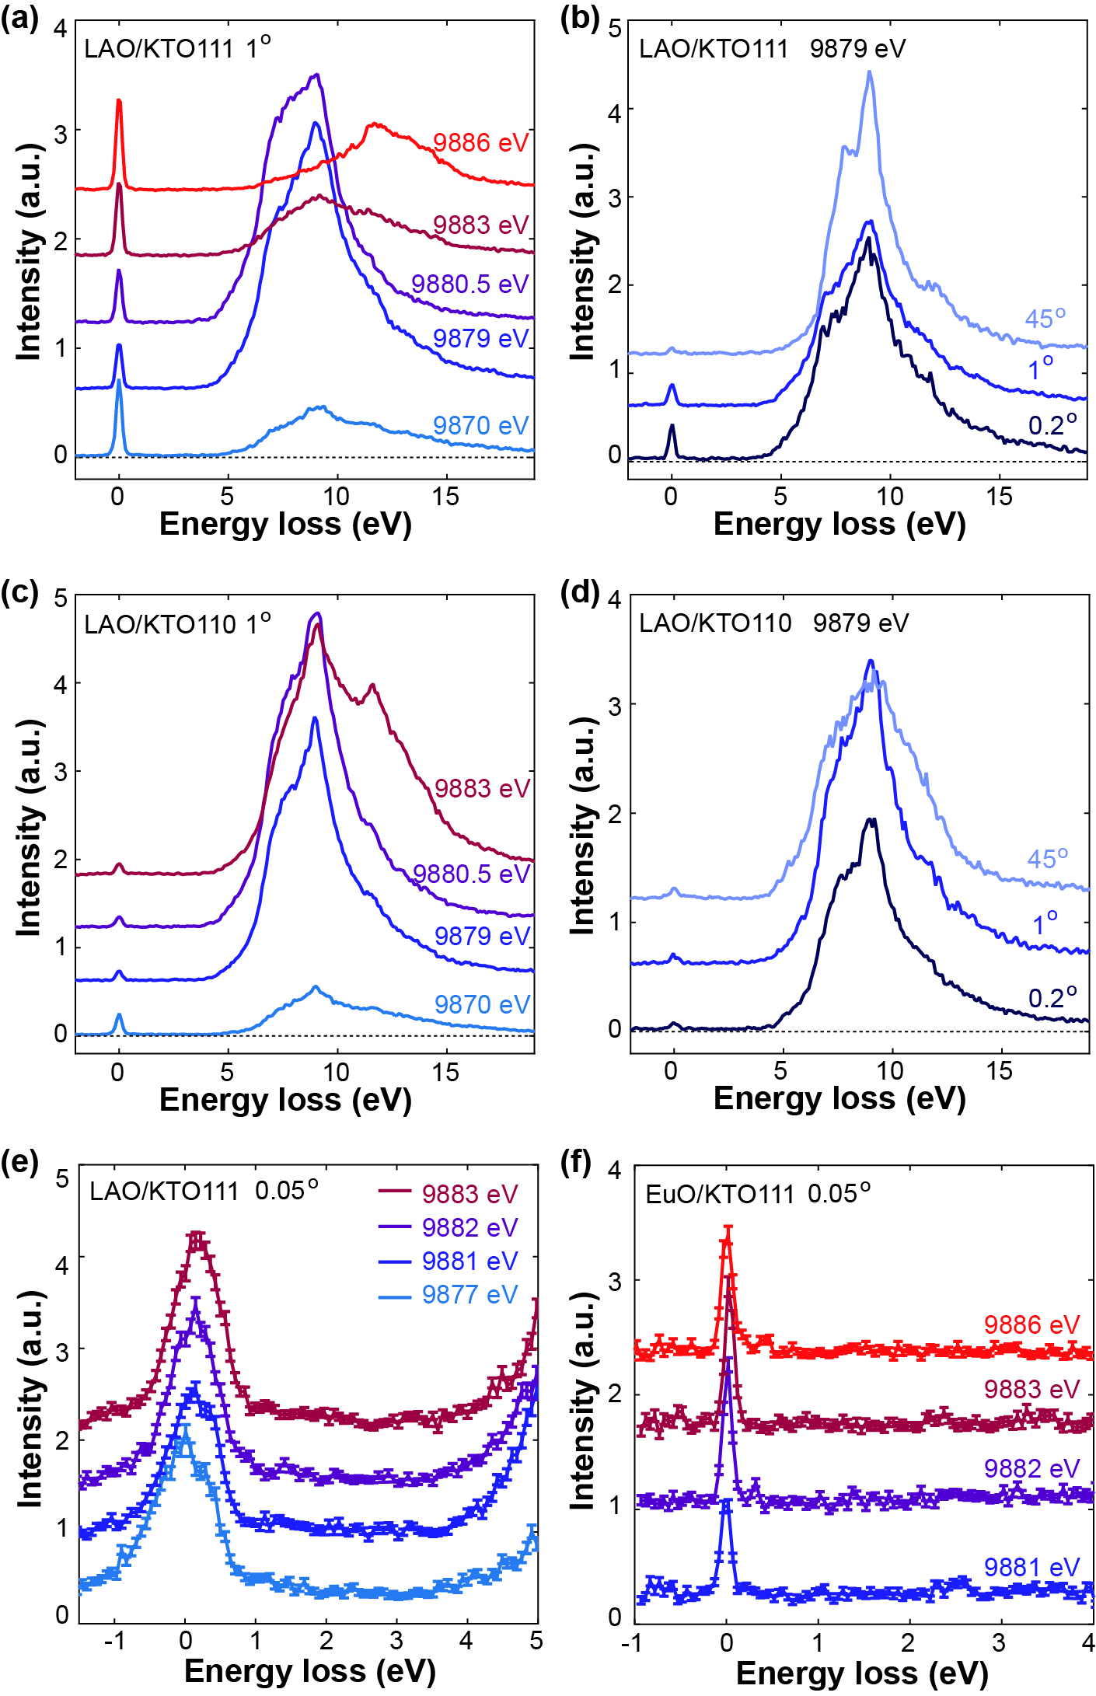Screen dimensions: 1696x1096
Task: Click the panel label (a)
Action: click(19, 17)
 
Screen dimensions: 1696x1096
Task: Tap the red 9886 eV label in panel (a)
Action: click(480, 143)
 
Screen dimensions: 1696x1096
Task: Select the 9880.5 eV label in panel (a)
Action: click(469, 284)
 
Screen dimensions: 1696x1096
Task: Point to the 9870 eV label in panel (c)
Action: click(482, 1004)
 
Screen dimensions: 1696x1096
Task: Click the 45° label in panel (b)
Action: click(1045, 319)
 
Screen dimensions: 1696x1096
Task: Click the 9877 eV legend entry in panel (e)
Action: click(469, 1294)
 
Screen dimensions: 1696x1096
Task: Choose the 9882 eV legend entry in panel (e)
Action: click(469, 1227)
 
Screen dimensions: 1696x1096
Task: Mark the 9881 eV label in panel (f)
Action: click(1031, 1567)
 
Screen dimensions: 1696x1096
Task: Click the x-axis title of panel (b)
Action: click(839, 525)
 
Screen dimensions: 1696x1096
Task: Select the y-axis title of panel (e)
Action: click(30, 1399)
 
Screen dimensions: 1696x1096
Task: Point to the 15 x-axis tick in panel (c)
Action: click(445, 1073)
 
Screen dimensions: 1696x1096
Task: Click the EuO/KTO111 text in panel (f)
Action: click(720, 1195)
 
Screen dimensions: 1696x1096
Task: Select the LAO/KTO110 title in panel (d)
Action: click(715, 623)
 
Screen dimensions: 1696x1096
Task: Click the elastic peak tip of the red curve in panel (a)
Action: click(119, 100)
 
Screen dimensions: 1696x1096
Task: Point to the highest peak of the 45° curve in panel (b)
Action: click(869, 72)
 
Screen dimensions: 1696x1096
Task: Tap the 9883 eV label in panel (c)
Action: click(482, 788)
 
